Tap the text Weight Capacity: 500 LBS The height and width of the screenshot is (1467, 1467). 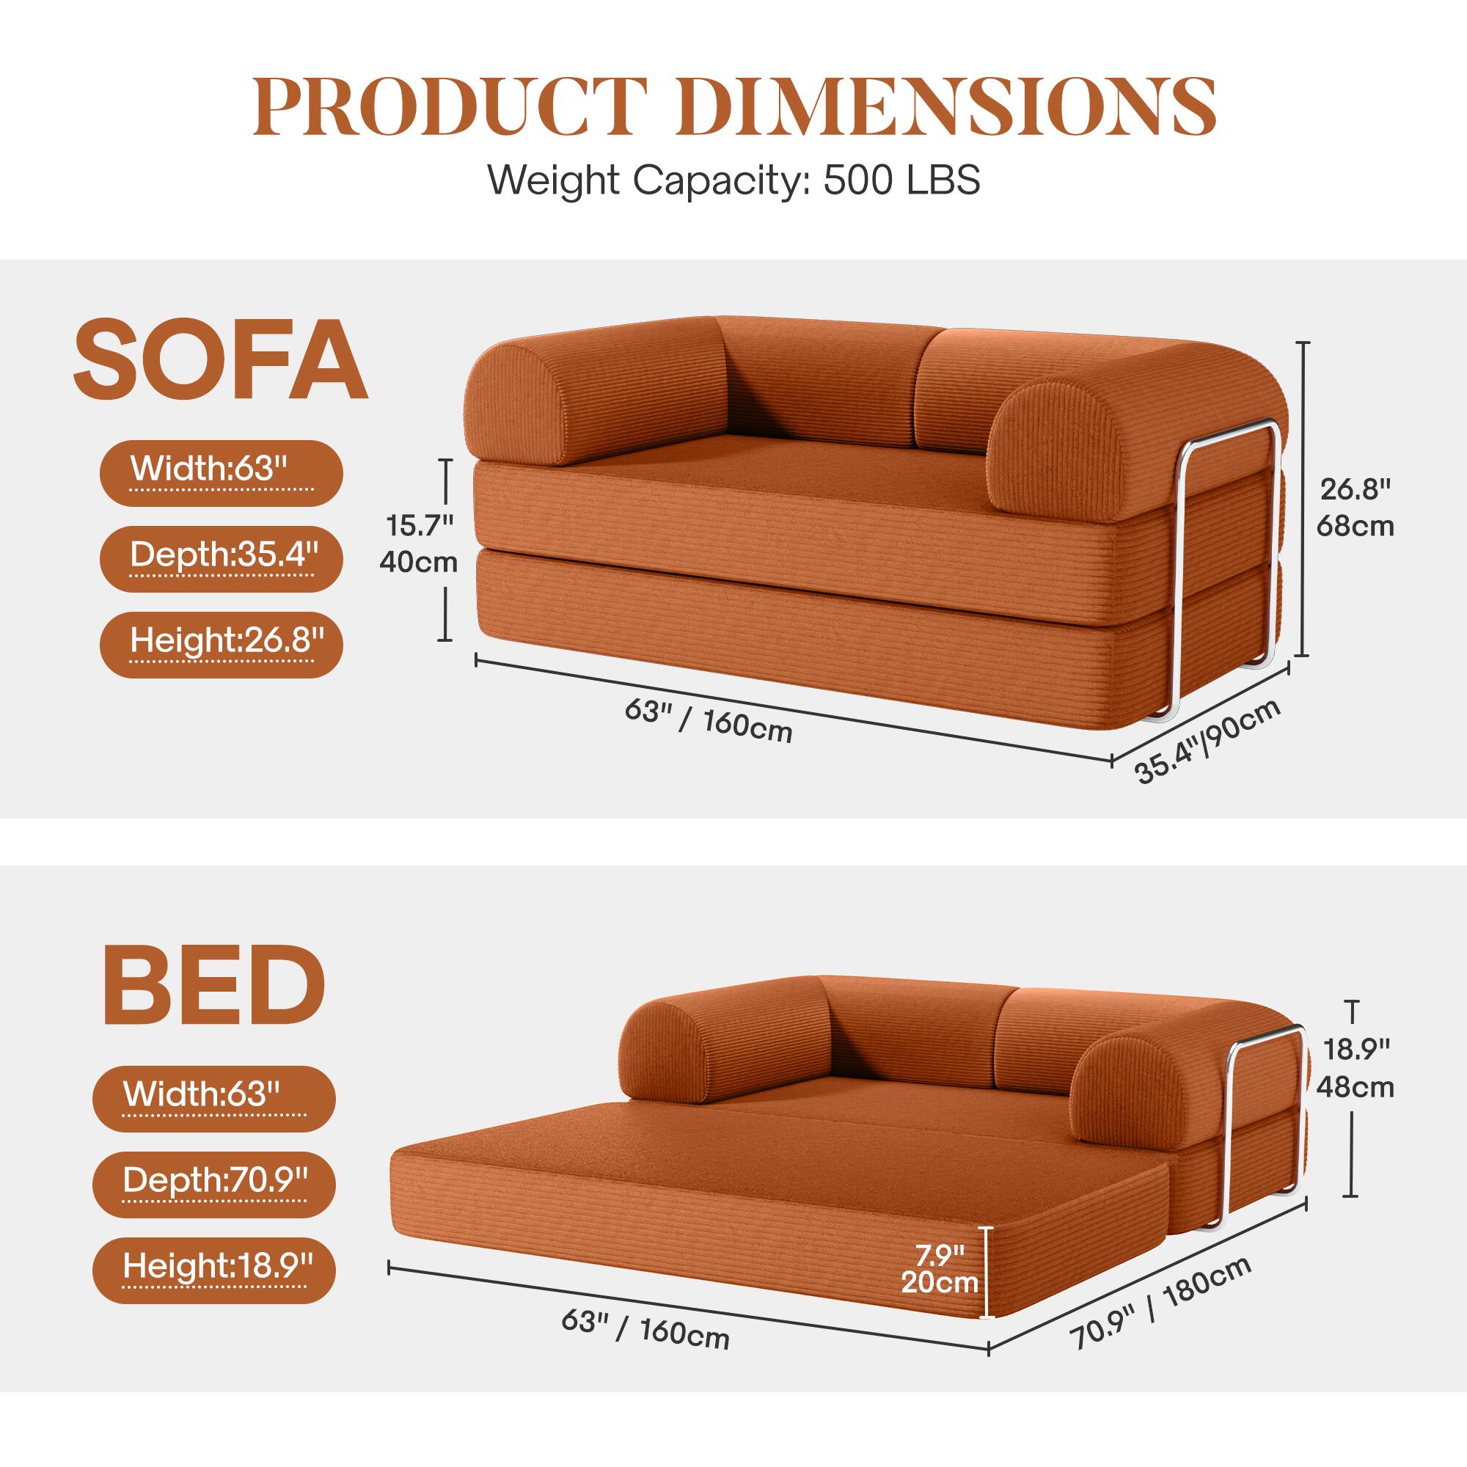coord(733,180)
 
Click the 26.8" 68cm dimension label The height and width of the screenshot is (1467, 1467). coord(1355,508)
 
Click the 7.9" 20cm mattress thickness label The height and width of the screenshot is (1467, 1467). coord(940,1270)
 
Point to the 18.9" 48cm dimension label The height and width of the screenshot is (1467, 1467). coord(1356,1069)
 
